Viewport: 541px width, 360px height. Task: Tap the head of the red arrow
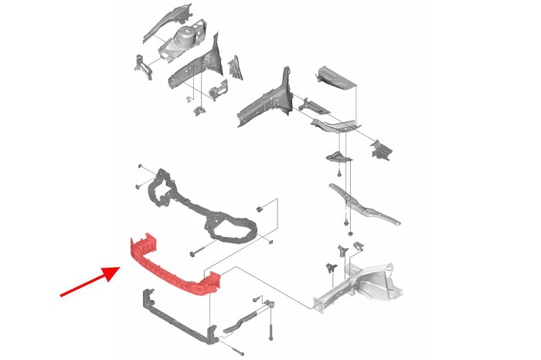pyautogui.click(x=115, y=270)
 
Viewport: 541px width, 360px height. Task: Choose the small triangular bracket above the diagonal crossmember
pyautogui.click(x=338, y=158)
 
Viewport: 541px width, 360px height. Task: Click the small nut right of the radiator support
pyautogui.click(x=262, y=209)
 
